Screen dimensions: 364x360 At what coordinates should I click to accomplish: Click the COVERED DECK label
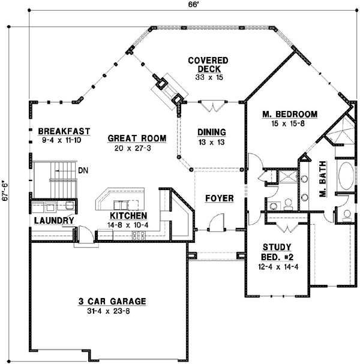208,65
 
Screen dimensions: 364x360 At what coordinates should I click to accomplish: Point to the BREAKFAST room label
64,131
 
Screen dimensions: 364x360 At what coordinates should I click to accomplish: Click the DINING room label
211,133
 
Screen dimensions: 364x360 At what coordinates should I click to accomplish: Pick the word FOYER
218,198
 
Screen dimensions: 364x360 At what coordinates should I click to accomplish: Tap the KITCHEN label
128,216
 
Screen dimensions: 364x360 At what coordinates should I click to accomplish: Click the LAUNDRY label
53,221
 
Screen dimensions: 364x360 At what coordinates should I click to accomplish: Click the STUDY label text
277,246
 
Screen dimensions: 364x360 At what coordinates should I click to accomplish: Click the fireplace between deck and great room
170,90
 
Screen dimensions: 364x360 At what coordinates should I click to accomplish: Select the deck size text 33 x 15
208,77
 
